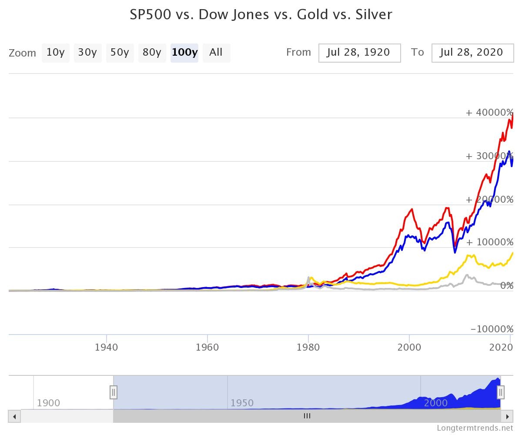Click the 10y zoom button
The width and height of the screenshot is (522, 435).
55,53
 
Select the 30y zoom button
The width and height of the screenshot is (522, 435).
87,53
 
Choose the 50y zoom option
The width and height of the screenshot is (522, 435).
120,53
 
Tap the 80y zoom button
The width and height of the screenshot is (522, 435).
152,53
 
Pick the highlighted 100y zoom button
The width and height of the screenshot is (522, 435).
184,53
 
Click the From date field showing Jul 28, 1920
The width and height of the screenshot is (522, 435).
359,53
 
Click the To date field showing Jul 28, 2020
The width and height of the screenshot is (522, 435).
472,53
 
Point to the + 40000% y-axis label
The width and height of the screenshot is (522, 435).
489,113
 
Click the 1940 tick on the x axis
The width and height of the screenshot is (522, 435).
107,347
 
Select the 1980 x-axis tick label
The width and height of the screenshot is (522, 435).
308,347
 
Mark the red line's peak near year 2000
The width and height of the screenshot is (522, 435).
412,209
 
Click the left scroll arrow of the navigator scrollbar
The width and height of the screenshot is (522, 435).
14,416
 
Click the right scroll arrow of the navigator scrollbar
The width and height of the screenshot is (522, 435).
507,416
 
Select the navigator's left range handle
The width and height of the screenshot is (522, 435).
113,392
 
